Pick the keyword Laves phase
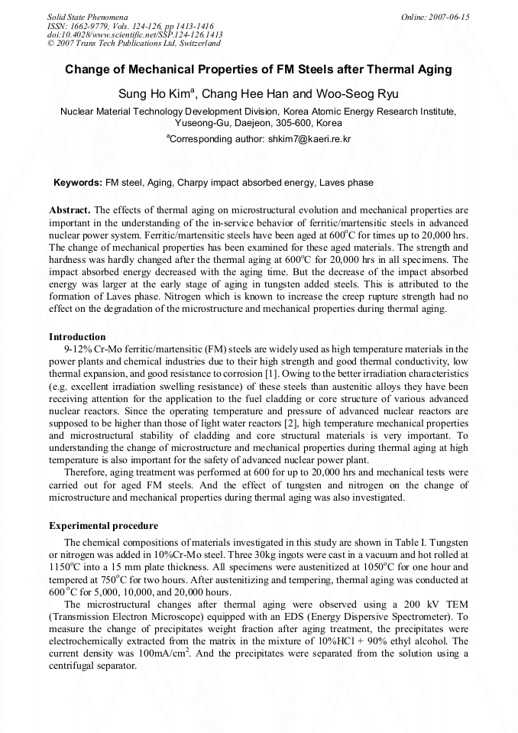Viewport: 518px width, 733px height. tap(347, 183)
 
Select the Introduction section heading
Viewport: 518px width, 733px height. tap(77, 337)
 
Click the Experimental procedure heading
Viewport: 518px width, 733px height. tap(103, 526)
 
